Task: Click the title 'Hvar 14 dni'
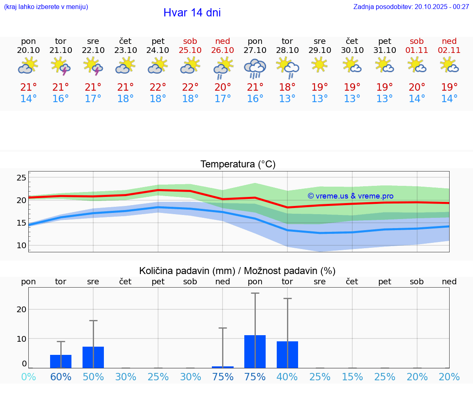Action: click(x=192, y=13)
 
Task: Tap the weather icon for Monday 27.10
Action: click(x=255, y=68)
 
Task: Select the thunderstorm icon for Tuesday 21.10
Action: click(x=61, y=66)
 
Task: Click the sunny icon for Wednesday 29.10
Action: click(x=319, y=65)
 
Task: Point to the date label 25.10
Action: click(x=190, y=50)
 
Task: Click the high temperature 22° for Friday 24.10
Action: click(x=158, y=87)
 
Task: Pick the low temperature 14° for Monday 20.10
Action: click(x=28, y=98)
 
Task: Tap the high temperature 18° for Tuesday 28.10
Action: click(x=287, y=87)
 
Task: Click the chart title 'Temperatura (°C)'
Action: click(x=238, y=165)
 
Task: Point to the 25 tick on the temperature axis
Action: click(x=21, y=178)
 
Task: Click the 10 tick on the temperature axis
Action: click(x=21, y=245)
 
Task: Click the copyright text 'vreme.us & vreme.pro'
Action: click(x=350, y=196)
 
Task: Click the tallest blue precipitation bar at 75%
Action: click(x=255, y=352)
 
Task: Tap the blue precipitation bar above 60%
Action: click(x=61, y=361)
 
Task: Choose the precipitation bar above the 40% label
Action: click(x=287, y=354)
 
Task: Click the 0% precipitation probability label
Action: click(x=28, y=377)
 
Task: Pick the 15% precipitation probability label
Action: click(x=352, y=377)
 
